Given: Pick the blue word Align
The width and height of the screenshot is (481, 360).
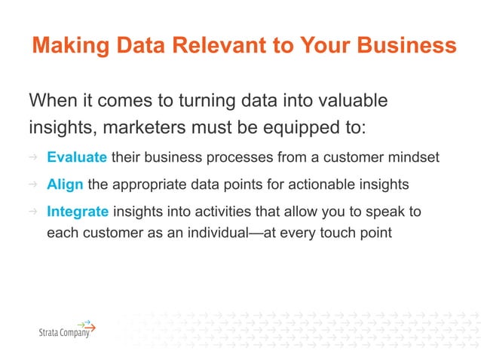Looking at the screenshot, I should (x=65, y=185).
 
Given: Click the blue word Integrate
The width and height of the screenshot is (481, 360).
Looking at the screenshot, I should (x=78, y=212).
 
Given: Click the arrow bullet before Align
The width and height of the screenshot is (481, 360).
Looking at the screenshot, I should (x=33, y=185).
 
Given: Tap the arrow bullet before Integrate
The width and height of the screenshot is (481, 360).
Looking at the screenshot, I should (x=33, y=212).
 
